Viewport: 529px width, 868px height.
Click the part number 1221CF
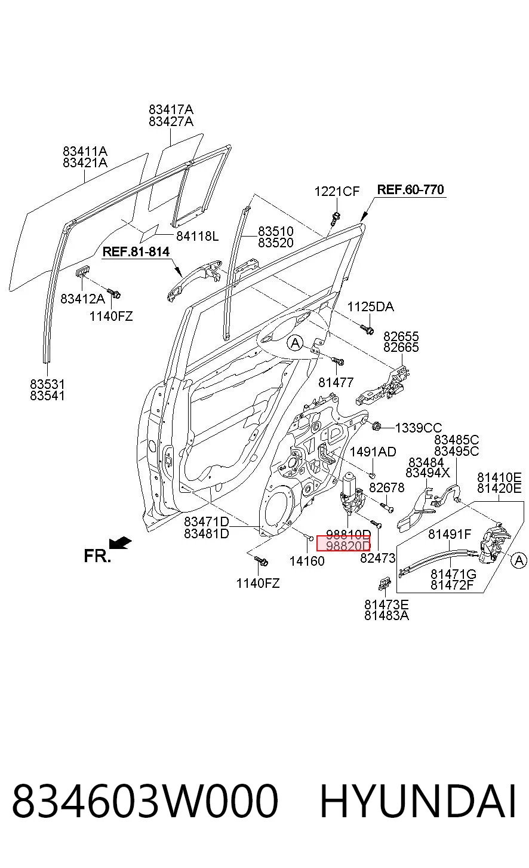click(337, 191)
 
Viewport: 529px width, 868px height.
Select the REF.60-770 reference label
click(411, 189)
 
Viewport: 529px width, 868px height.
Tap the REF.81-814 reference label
click(136, 252)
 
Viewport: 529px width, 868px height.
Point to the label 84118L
click(198, 236)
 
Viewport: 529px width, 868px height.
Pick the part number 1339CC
click(418, 428)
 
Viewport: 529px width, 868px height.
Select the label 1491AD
click(373, 452)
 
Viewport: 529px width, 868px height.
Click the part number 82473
click(377, 558)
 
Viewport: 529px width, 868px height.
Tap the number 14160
click(307, 561)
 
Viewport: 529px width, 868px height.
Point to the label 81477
click(336, 382)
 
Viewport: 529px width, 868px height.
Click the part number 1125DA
click(370, 307)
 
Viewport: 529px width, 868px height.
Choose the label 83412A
click(82, 299)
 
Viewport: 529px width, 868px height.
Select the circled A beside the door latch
click(518, 560)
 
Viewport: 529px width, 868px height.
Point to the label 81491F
click(450, 535)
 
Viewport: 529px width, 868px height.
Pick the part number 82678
click(386, 487)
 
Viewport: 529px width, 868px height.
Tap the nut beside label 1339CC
click(376, 427)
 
